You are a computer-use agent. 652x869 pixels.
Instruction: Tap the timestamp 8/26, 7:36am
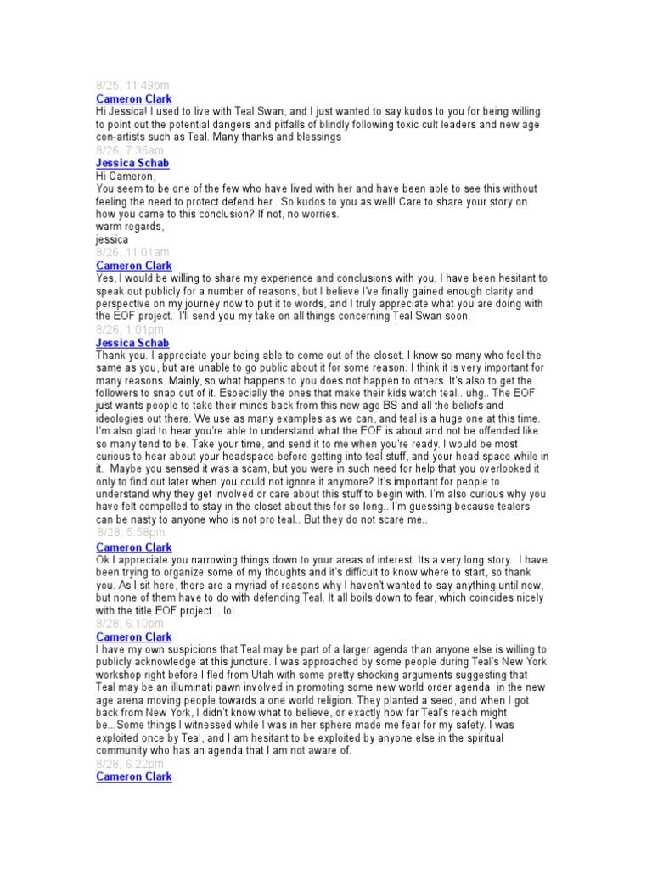click(x=127, y=150)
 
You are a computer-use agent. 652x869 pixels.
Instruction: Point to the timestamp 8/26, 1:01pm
click(x=130, y=329)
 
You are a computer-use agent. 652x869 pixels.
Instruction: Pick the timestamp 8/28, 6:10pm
click(x=130, y=624)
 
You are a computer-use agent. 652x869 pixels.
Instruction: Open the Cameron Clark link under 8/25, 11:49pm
click(x=134, y=98)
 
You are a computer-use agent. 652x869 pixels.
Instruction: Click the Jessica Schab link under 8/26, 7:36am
click(x=132, y=163)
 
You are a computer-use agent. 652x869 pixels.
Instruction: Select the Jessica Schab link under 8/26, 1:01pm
click(x=132, y=343)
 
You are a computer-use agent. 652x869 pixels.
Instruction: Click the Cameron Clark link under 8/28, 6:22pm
click(x=134, y=777)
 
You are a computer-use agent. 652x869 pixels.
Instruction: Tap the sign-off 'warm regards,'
click(x=129, y=227)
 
